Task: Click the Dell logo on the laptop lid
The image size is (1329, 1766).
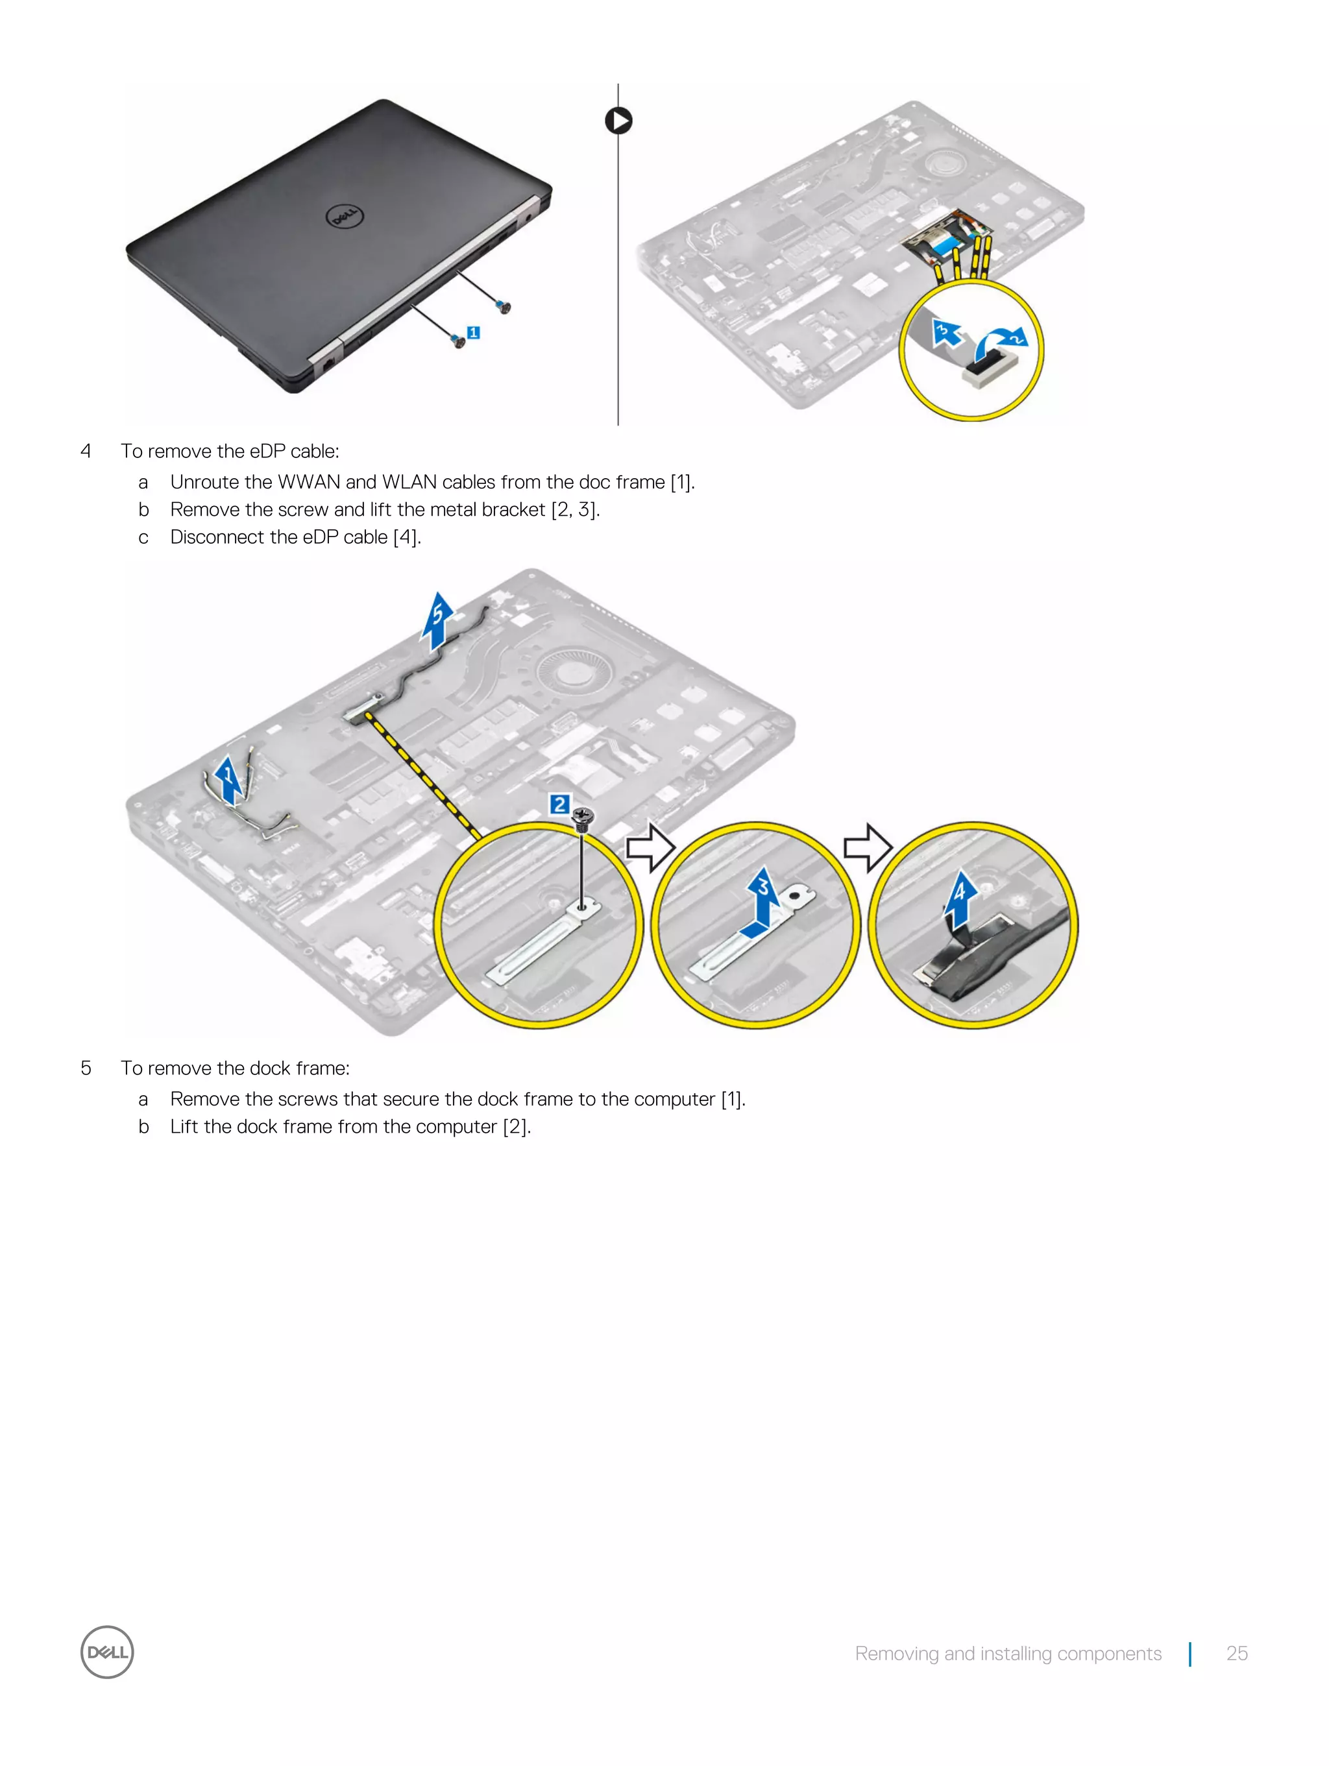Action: point(344,215)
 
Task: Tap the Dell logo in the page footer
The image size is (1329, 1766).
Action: point(107,1652)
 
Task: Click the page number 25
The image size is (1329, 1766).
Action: point(1236,1652)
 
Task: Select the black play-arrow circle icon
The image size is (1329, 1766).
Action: point(618,121)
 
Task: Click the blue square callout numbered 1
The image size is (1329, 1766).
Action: point(473,332)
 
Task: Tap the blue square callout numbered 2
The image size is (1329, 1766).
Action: point(560,804)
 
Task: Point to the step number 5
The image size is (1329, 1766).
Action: point(86,1068)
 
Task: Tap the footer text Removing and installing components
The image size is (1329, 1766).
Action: point(1007,1652)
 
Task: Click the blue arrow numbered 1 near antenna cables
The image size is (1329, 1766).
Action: point(228,780)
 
